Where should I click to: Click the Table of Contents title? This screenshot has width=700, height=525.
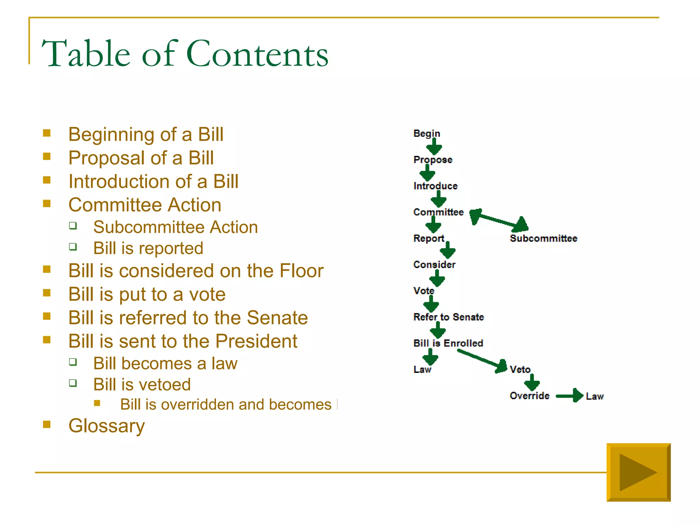coord(185,54)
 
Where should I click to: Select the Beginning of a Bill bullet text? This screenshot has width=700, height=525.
coord(146,134)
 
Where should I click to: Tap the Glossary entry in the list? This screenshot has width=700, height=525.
coord(106,426)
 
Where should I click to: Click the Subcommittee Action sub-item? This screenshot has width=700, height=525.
coord(175,227)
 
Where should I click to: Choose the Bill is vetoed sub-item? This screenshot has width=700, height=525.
coord(142,385)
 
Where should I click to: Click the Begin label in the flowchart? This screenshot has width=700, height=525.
coord(427,134)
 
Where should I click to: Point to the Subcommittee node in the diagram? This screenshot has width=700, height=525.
coord(543,238)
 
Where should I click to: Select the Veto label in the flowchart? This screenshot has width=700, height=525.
coord(520,369)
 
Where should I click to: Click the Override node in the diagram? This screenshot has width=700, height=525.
coord(529,396)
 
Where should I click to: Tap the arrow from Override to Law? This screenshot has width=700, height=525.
coord(569,396)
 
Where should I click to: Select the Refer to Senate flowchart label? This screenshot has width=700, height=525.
coord(448,317)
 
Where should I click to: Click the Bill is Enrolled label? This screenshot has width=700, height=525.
coord(448,343)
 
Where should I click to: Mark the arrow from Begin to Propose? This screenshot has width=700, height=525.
coord(434,147)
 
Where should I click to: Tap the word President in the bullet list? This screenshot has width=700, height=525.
coord(256,341)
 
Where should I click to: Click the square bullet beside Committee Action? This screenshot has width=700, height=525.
coord(47,204)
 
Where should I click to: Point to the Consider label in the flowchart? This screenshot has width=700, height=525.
coord(434,265)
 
